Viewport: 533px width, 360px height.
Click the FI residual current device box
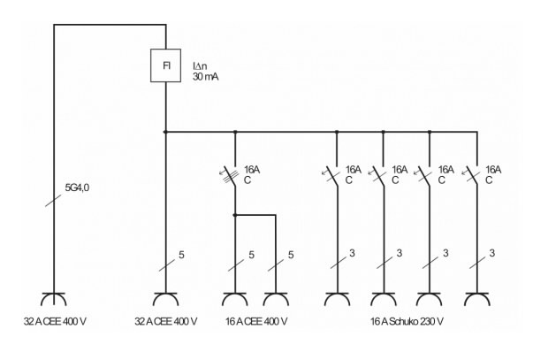coord(166,66)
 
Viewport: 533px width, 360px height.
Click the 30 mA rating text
coord(205,77)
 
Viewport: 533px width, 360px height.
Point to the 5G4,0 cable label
coord(80,188)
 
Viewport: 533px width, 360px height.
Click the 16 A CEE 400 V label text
coord(255,320)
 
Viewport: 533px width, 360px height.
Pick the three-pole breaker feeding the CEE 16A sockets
coord(235,174)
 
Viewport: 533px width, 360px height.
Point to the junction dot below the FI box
coord(166,133)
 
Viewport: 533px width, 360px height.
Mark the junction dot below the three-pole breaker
coord(234,214)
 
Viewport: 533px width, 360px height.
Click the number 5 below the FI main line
coord(180,256)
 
